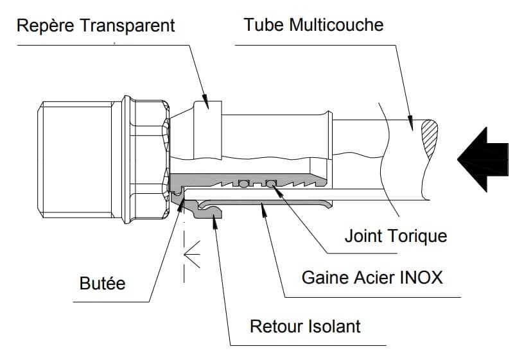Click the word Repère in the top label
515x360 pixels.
click(46, 26)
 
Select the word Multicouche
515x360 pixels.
click(336, 24)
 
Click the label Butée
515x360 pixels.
click(103, 283)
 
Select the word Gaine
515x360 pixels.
click(324, 278)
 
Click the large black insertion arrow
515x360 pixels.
click(482, 160)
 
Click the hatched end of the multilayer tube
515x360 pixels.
click(430, 139)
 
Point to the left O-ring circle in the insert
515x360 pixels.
click(243, 184)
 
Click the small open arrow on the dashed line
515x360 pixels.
click(192, 254)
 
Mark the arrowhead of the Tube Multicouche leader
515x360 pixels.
click(410, 123)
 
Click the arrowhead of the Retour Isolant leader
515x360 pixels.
click(215, 222)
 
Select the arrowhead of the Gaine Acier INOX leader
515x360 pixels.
click(263, 210)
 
